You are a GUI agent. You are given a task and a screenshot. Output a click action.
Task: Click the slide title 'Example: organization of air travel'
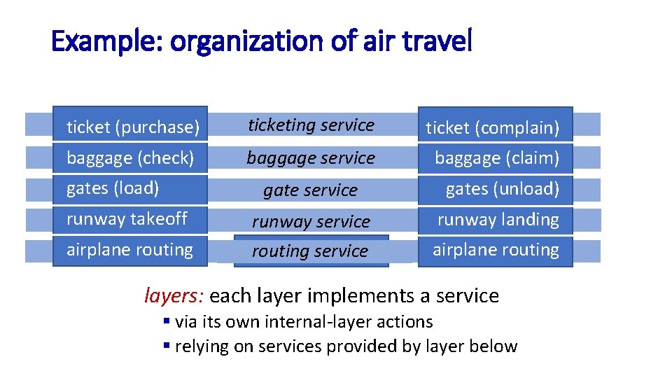click(262, 42)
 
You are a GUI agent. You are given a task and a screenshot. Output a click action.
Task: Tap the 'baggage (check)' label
click(130, 157)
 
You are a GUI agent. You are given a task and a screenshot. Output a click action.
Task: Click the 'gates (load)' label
click(113, 188)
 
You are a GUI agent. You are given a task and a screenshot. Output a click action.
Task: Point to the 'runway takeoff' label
click(127, 219)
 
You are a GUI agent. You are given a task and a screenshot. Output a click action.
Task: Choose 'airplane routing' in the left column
click(129, 250)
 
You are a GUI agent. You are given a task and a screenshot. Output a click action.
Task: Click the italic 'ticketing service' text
click(311, 125)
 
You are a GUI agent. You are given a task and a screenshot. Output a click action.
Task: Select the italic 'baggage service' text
click(311, 158)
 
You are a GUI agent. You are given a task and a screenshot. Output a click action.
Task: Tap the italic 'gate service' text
click(310, 190)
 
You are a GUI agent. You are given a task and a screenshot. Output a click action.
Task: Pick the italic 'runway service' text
click(311, 221)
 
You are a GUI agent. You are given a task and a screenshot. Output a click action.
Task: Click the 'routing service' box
click(310, 251)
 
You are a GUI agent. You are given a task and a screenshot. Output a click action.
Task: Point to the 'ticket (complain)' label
click(493, 127)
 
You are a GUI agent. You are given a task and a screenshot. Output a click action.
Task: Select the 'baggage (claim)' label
click(497, 158)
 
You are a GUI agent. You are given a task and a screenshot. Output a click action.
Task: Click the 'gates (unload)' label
click(503, 188)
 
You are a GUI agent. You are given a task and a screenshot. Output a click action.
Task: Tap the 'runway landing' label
click(498, 219)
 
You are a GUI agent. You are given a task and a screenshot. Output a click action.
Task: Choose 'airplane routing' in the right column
click(496, 250)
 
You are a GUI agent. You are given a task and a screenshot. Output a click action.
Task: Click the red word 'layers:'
click(174, 296)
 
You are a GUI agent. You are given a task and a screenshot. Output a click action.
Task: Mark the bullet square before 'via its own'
click(167, 322)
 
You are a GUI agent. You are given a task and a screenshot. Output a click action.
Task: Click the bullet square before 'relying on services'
click(167, 346)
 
